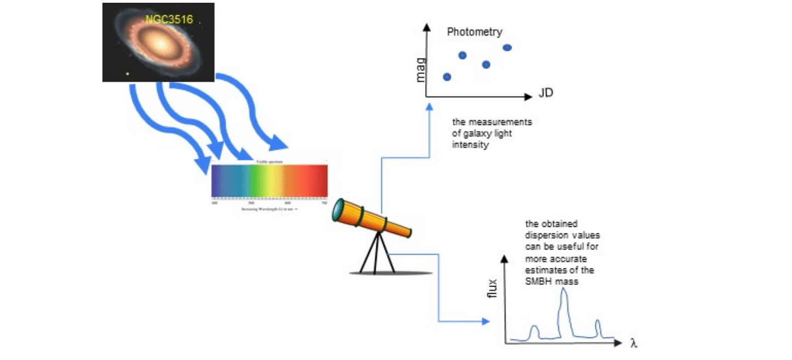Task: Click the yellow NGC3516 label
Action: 169,19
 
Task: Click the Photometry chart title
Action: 474,32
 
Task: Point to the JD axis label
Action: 546,93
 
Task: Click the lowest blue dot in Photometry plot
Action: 446,77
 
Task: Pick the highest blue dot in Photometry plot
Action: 507,48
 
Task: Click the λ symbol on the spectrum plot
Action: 634,344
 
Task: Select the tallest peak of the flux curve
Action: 564,292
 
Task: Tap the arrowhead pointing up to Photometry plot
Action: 429,108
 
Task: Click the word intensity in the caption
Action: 470,145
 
